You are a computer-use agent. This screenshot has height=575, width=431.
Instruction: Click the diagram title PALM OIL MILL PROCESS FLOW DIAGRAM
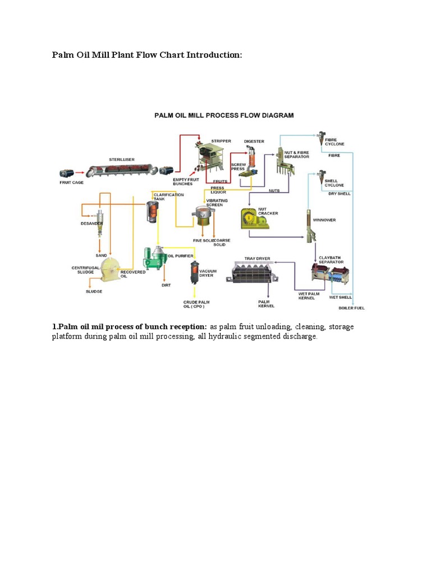tap(224, 115)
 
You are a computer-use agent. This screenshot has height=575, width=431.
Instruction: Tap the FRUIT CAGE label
tap(71, 182)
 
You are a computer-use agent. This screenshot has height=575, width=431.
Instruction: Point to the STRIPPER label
tap(221, 141)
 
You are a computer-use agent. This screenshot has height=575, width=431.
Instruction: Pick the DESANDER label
tap(91, 223)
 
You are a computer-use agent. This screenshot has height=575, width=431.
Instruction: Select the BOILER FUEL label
tap(352, 307)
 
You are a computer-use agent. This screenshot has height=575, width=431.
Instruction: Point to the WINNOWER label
tap(324, 220)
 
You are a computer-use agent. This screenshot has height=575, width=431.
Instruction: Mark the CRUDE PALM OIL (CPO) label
tap(196, 304)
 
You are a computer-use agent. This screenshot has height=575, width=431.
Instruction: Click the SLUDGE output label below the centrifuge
tap(94, 292)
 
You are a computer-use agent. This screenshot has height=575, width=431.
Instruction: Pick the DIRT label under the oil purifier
tap(166, 285)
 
